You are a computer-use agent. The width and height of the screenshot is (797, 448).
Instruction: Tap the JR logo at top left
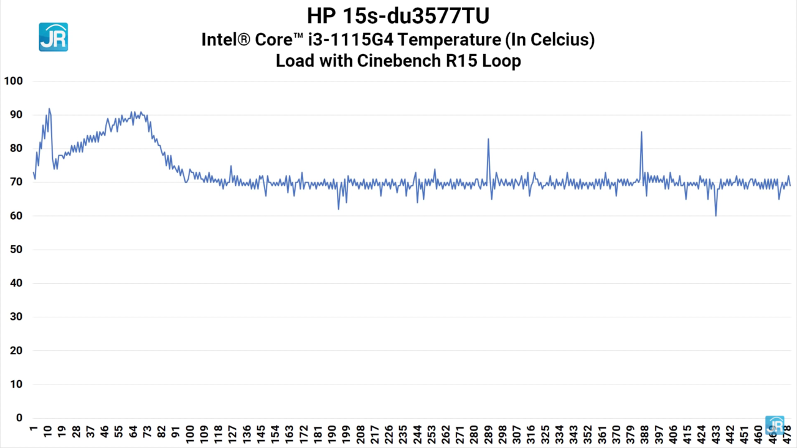tap(53, 37)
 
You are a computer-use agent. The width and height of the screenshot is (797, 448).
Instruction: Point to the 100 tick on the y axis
tap(13, 81)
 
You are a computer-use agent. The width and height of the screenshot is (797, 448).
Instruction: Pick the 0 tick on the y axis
tap(19, 418)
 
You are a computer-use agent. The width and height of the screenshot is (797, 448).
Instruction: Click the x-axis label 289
tap(489, 432)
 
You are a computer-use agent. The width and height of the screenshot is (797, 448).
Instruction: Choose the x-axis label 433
tap(716, 432)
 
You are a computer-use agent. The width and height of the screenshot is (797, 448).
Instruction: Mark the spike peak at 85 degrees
tap(641, 132)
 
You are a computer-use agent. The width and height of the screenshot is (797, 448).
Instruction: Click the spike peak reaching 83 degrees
tap(488, 139)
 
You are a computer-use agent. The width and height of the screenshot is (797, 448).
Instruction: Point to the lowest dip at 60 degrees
tap(716, 215)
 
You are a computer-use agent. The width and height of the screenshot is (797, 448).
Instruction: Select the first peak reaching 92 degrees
tap(49, 109)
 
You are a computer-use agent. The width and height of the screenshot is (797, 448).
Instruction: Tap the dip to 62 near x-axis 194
tap(339, 208)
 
